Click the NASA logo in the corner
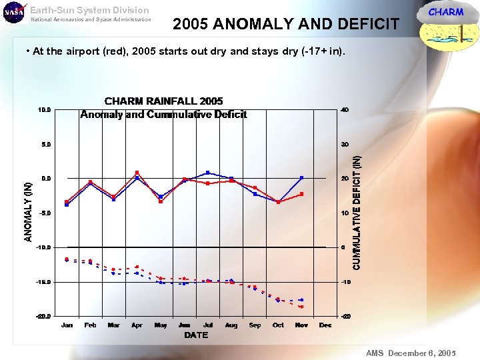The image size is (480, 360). [14, 13]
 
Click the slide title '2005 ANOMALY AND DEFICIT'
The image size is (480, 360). [286, 25]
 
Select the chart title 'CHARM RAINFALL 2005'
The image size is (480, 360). [163, 101]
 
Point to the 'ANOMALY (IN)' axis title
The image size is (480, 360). [29, 212]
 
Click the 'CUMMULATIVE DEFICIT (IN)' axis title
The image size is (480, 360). [357, 212]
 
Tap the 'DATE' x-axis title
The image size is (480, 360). [196, 335]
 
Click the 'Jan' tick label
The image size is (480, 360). [67, 325]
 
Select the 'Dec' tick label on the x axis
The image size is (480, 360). [325, 325]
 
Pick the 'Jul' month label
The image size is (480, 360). [208, 325]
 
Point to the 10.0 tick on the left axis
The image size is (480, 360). [43, 109]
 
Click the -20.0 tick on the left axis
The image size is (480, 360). [43, 317]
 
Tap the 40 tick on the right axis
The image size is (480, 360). [344, 109]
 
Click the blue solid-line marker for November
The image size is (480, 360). [302, 177]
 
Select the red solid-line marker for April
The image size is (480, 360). [137, 173]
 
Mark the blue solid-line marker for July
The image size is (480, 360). [208, 173]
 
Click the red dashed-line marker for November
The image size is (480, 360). [301, 307]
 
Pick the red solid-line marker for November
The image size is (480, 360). [302, 194]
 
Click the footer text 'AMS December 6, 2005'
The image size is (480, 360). [410, 353]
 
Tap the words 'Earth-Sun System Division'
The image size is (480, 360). [89, 10]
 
